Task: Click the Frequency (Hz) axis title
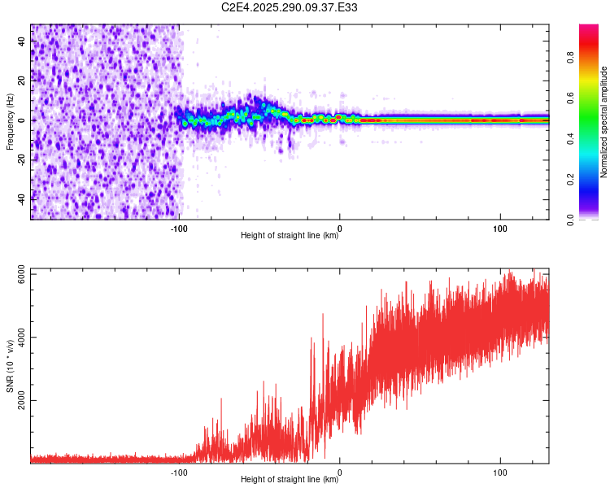point(10,122)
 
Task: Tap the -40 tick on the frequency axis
point(23,197)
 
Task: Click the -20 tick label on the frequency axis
point(23,158)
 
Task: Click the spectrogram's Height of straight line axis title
point(290,236)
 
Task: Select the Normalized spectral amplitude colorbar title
point(604,122)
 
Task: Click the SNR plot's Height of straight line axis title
point(290,480)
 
